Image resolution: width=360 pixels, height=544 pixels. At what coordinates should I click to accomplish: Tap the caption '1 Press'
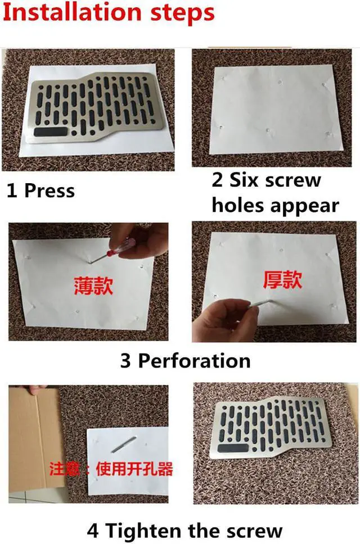tap(40, 191)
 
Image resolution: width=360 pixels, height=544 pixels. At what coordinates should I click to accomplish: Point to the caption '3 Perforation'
tap(185, 360)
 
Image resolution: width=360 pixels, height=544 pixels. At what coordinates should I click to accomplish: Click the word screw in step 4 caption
tap(250, 530)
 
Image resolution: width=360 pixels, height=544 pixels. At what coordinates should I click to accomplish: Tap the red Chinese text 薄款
tap(93, 285)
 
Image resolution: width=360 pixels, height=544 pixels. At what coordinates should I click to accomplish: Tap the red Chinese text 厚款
tap(283, 279)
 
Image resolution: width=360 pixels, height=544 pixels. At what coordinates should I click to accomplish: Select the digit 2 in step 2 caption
tap(217, 180)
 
